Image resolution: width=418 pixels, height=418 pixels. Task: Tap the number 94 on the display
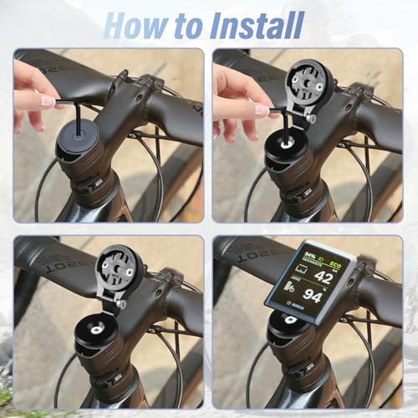pyautogui.click(x=313, y=295)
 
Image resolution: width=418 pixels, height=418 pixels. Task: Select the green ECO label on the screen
pyautogui.click(x=335, y=256)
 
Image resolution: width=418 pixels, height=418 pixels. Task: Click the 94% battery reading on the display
pyautogui.click(x=311, y=253)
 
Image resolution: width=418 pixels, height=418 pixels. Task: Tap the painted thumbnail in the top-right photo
pyautogui.click(x=261, y=110)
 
